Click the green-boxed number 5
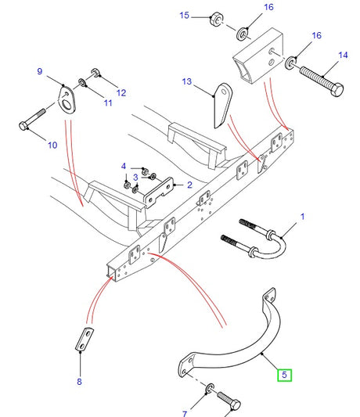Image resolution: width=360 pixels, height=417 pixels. click(x=285, y=375)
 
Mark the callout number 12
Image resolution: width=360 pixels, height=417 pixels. click(x=121, y=93)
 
